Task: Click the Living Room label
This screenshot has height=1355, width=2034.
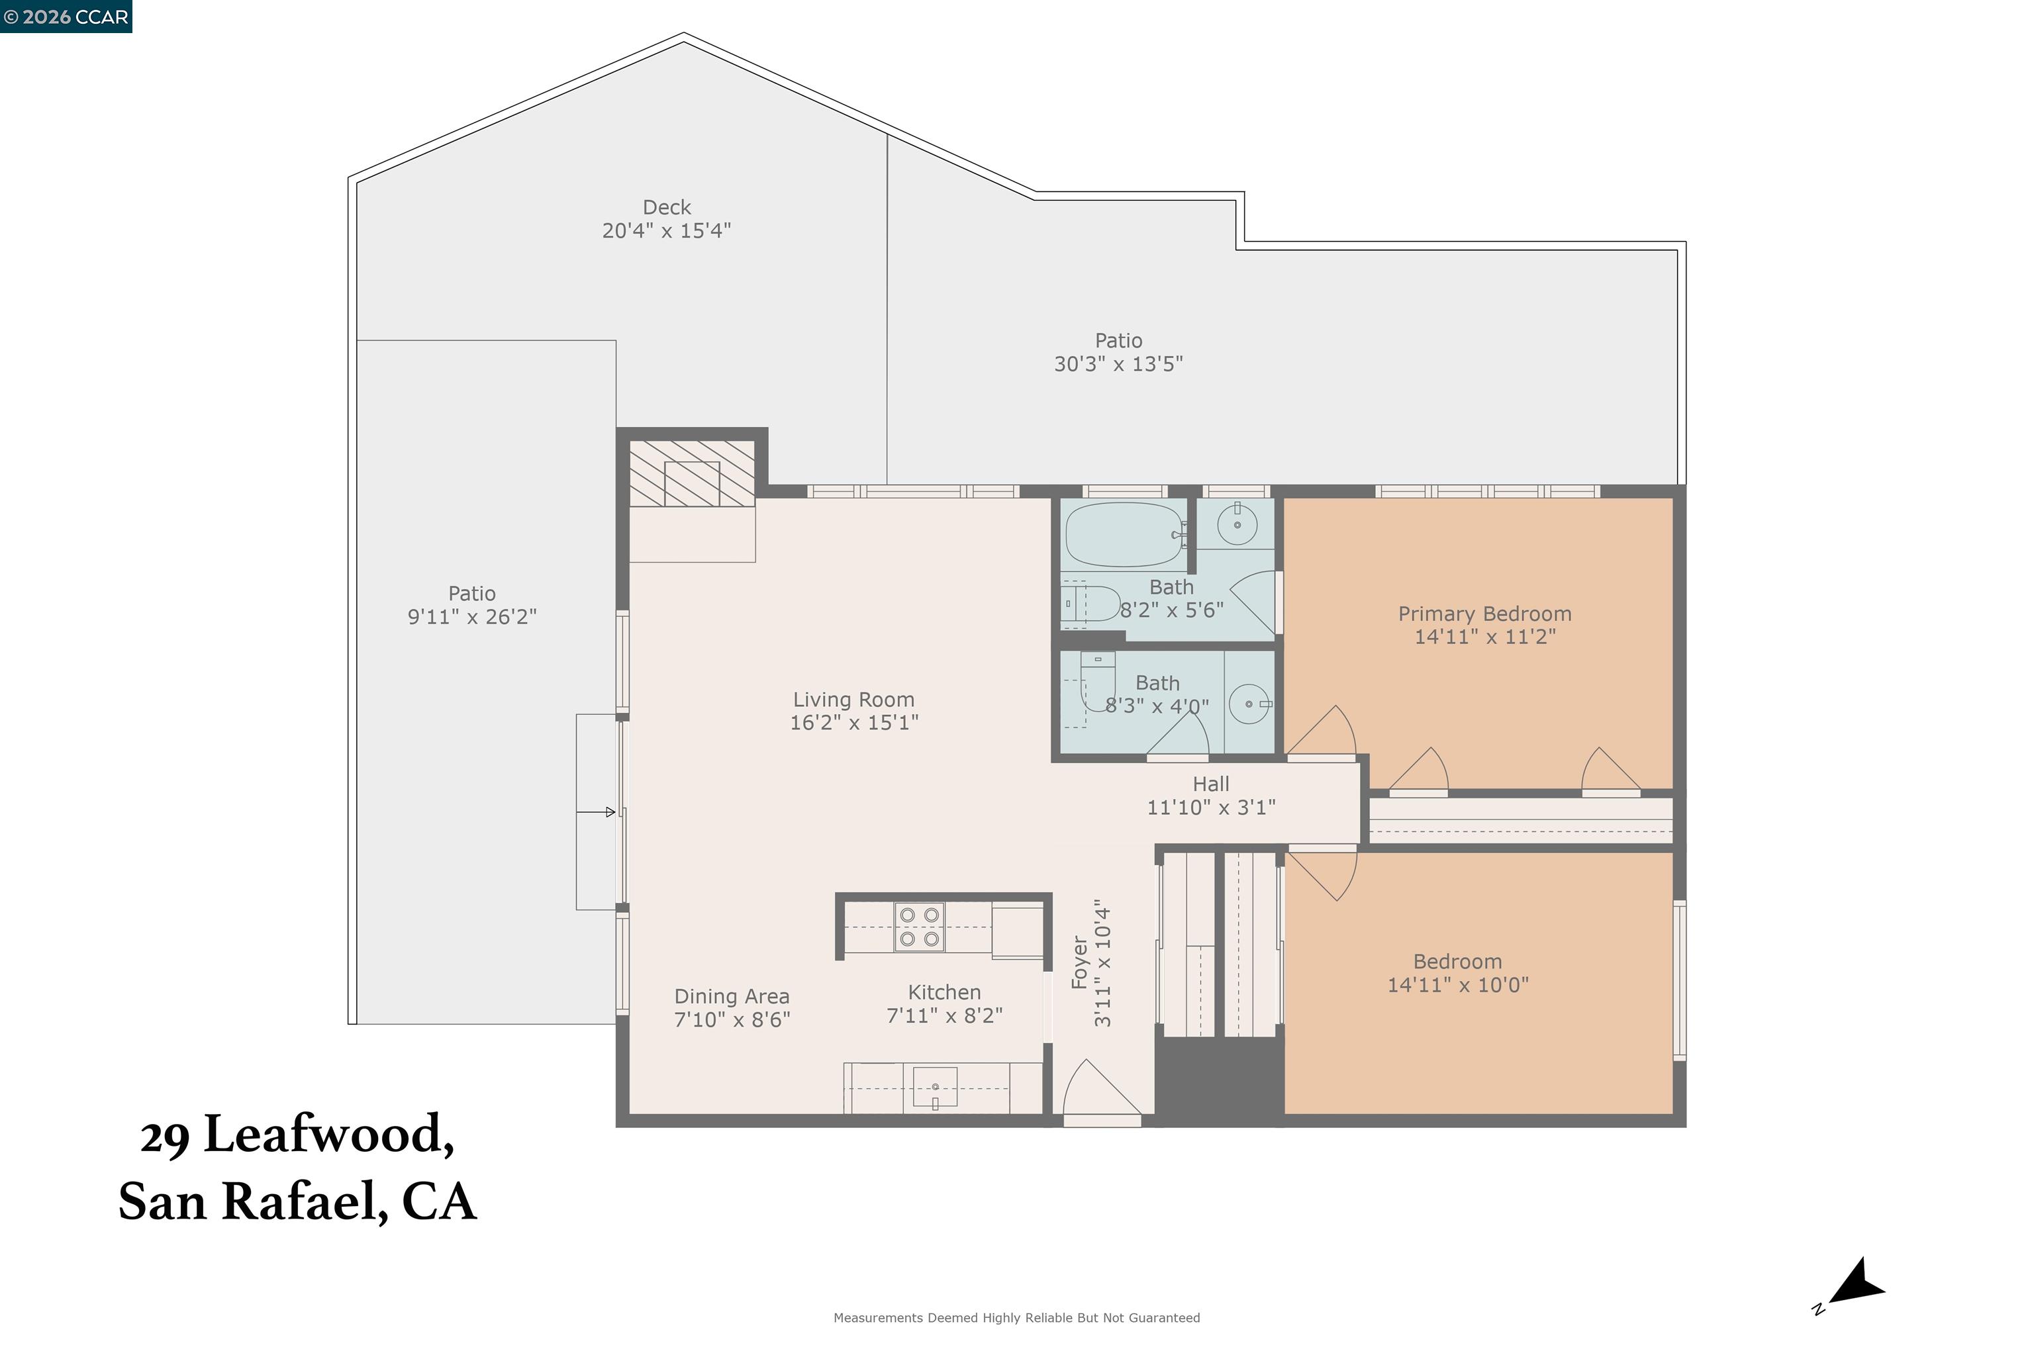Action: click(853, 699)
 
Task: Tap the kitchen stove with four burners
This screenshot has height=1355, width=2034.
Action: click(919, 927)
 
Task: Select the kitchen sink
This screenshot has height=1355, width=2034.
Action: click(934, 1087)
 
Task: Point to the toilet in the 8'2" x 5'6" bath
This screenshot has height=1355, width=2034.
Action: click(1091, 603)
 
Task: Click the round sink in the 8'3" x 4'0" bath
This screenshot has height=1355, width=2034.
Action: click(1249, 704)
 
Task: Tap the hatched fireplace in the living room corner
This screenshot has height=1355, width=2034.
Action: click(691, 473)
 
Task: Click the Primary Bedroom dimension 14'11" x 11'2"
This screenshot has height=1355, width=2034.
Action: click(1484, 637)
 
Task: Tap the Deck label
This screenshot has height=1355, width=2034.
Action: click(667, 207)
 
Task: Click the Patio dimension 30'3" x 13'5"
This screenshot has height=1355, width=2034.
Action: click(1118, 364)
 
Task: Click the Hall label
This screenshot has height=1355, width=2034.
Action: click(1210, 784)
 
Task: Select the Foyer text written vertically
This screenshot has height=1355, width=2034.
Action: click(1079, 962)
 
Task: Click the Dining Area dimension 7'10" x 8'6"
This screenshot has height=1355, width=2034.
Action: click(732, 1019)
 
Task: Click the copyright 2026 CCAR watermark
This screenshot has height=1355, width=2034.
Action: click(66, 17)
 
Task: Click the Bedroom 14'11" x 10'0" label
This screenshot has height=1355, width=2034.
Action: click(1457, 961)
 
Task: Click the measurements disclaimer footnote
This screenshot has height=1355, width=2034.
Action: click(1016, 1318)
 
